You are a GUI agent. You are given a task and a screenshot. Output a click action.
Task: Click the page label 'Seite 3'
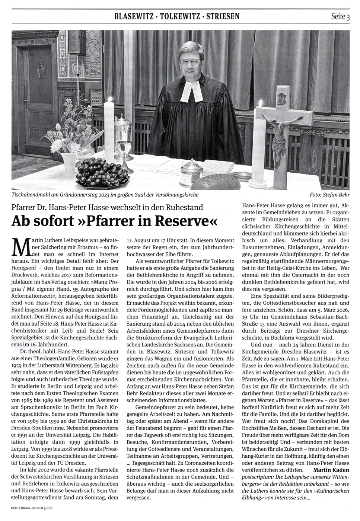(x=340, y=16)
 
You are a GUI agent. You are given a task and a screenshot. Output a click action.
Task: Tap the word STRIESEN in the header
(x=223, y=16)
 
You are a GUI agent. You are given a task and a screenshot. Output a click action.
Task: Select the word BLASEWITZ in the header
(x=133, y=16)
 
